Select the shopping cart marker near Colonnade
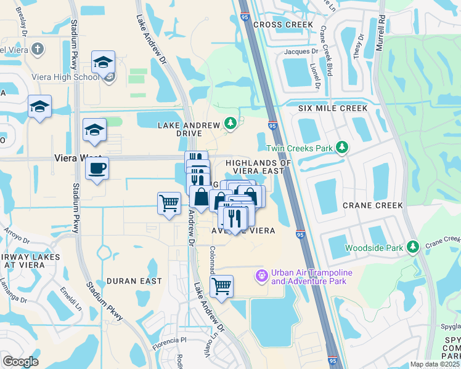tap(221, 286)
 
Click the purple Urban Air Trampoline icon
tap(262, 274)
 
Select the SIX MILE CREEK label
tap(333, 108)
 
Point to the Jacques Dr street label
tap(301, 52)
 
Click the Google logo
tap(20, 362)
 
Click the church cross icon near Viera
tap(38, 48)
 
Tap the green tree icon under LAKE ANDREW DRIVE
tap(230, 124)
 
